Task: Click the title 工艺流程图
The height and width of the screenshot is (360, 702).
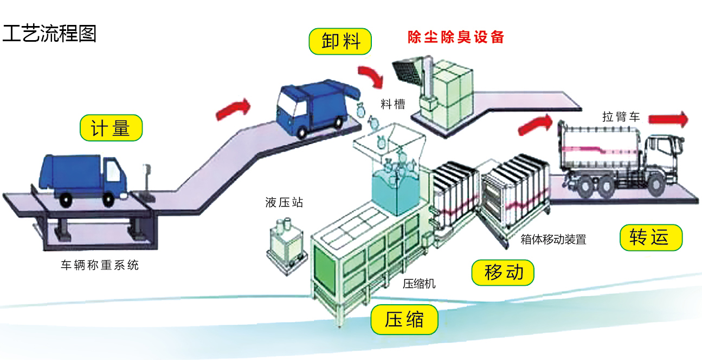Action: pos(49,33)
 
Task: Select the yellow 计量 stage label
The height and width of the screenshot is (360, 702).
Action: pos(111,128)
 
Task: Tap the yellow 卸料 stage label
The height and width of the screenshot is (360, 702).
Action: pos(341,41)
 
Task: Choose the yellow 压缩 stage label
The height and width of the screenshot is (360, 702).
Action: pos(404,320)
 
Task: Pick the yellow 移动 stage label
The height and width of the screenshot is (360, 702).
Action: pos(503,272)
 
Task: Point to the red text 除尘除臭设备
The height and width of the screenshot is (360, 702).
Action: pos(456,37)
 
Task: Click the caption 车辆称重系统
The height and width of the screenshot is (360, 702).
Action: pos(100,265)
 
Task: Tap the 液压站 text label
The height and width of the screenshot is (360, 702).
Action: pos(285,203)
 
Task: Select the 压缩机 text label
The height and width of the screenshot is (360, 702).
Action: pos(419,284)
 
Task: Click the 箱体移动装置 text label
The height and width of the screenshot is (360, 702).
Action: pos(553,239)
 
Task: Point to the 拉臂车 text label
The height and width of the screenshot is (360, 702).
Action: pos(621,117)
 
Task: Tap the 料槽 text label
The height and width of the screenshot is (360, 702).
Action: pos(392,104)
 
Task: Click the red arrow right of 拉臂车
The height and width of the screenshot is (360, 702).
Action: pos(667,119)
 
